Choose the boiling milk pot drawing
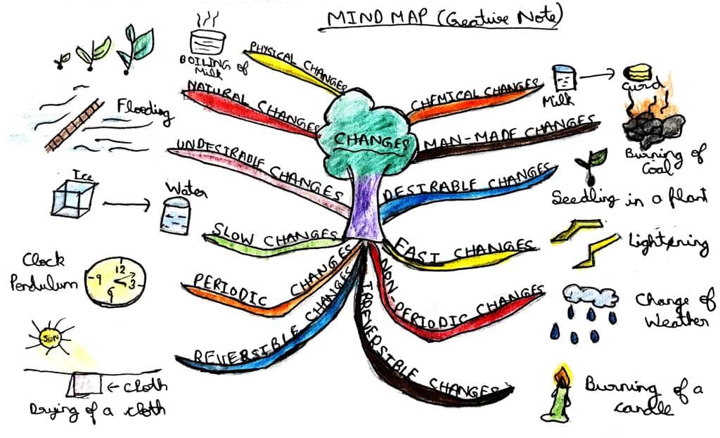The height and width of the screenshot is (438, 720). (x=208, y=42)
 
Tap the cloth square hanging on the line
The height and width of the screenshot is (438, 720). (x=84, y=384)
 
